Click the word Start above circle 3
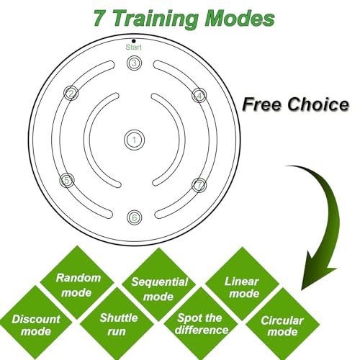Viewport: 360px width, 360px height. point(134,48)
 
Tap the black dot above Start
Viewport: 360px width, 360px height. point(134,41)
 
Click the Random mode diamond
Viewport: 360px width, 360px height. point(77,282)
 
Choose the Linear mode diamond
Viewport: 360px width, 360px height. point(242,284)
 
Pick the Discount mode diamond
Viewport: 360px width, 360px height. point(35,323)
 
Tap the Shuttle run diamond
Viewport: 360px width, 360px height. point(117,324)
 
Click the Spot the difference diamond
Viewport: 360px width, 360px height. point(201,324)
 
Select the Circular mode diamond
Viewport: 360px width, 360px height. point(282,325)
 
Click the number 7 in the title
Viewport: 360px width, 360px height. point(99,19)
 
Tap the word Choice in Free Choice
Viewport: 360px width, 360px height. point(318,104)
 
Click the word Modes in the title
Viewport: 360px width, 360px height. point(240,19)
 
